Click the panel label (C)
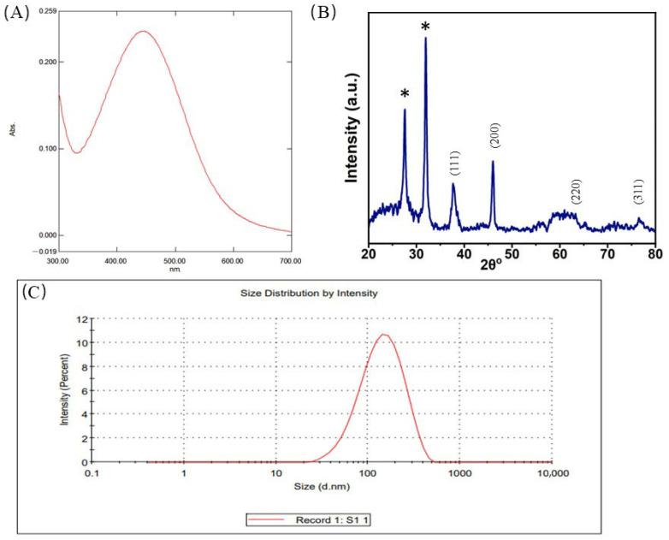[33, 292]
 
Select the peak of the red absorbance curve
[143, 32]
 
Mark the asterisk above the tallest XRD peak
[425, 27]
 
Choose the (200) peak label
[494, 135]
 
